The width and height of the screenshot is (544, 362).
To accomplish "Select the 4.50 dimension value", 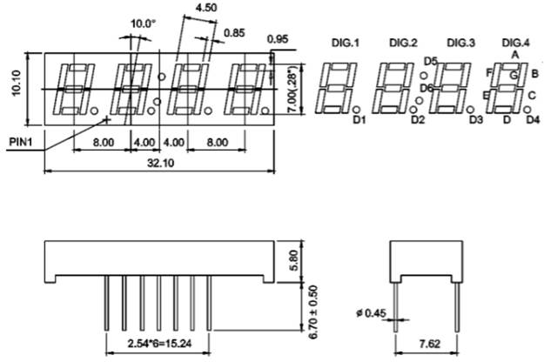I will click(x=207, y=7).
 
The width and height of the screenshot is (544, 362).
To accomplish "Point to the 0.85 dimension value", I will click(x=233, y=33).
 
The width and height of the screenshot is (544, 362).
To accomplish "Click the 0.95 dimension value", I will click(x=279, y=39).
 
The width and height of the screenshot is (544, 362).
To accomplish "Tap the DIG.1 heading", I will click(x=346, y=43).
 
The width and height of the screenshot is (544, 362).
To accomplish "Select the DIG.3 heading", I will click(x=460, y=43).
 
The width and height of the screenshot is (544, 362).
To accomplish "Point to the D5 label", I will click(x=430, y=60).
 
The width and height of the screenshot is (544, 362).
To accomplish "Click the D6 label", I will click(x=426, y=88).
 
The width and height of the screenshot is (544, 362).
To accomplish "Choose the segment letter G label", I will click(x=514, y=76).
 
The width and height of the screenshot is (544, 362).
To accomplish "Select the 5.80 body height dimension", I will click(x=293, y=260).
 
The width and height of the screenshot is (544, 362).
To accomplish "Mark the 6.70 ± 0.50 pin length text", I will click(x=293, y=306).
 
